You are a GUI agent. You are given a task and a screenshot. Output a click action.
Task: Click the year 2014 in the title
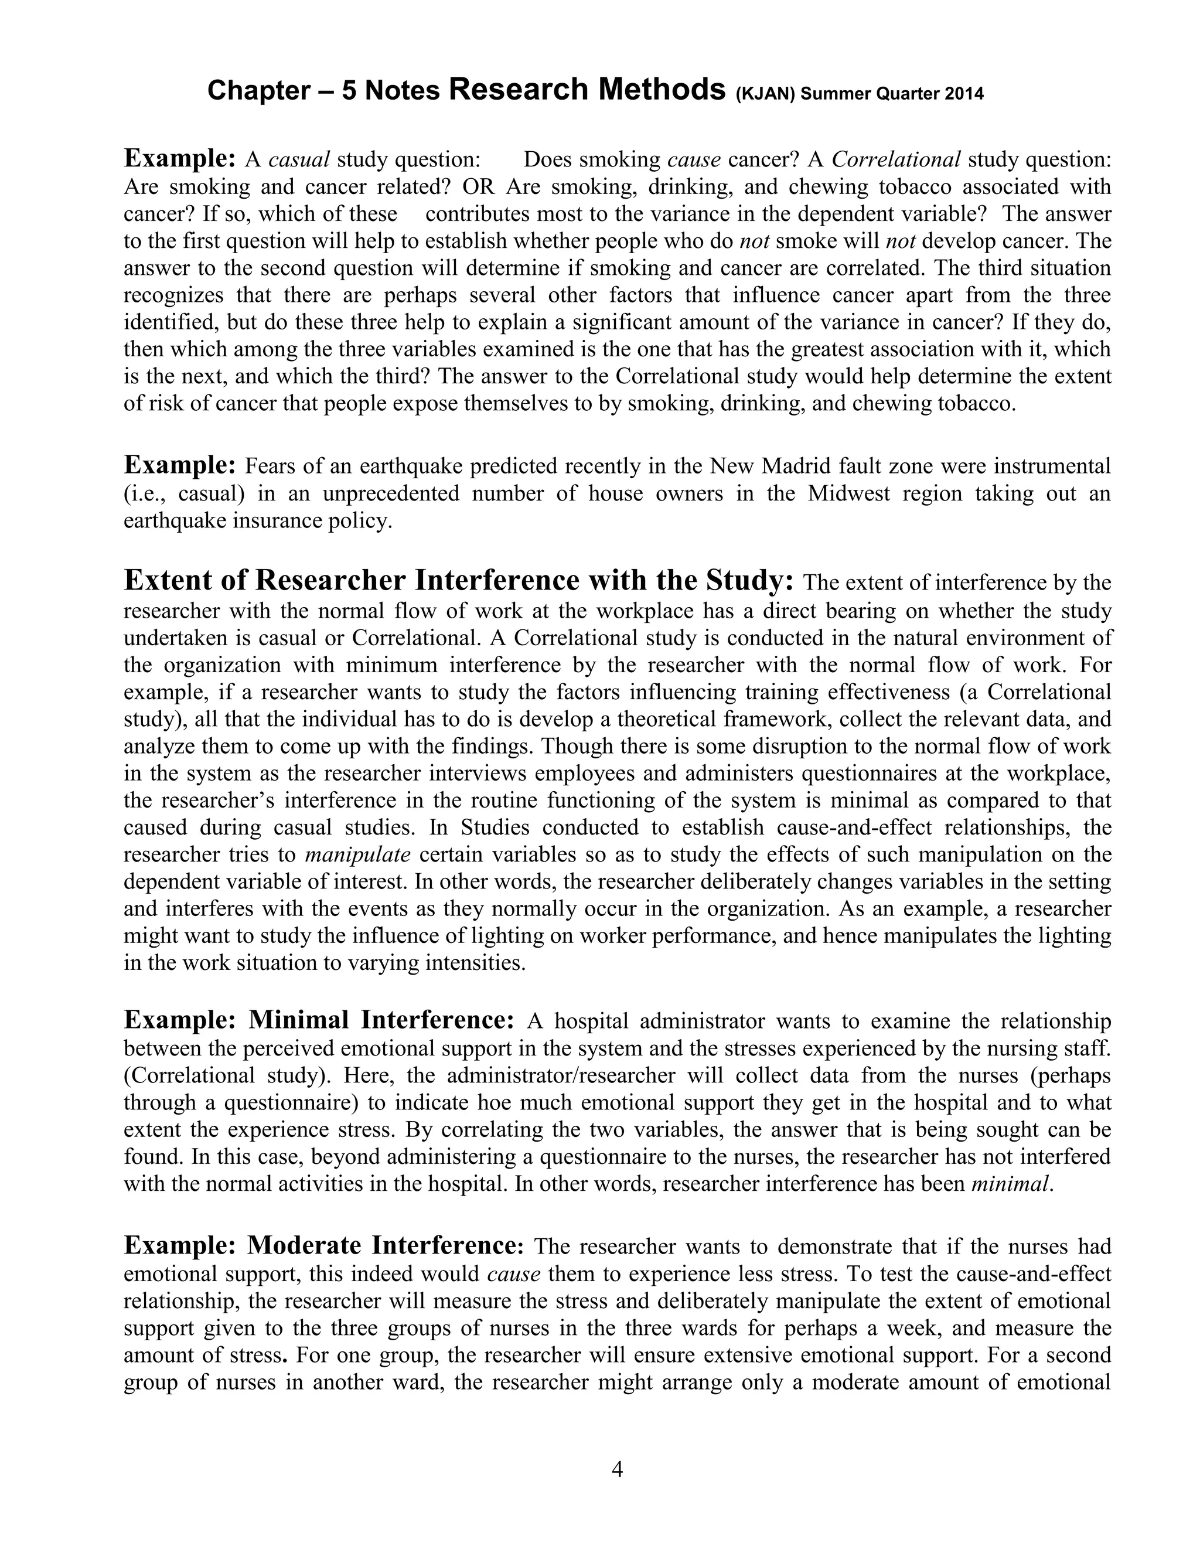[964, 94]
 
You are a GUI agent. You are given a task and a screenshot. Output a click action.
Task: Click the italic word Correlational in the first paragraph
[896, 159]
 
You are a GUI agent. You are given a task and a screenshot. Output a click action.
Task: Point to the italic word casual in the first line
[299, 159]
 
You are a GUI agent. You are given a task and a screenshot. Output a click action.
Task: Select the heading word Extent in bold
[168, 580]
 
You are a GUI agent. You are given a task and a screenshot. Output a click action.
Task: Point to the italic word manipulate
[357, 854]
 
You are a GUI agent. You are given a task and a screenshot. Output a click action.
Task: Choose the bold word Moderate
[304, 1246]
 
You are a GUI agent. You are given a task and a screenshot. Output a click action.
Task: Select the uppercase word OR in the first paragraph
[480, 187]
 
